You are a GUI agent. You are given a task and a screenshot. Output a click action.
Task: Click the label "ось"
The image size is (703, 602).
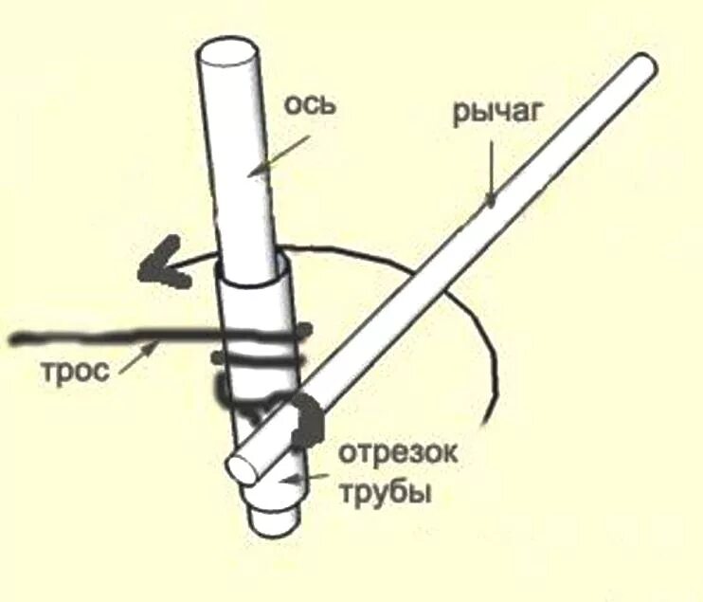pos(312,103)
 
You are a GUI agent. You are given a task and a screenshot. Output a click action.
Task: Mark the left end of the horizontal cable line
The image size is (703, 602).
pos(11,337)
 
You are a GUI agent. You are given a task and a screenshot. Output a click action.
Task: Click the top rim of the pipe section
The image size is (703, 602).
pos(252,275)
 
